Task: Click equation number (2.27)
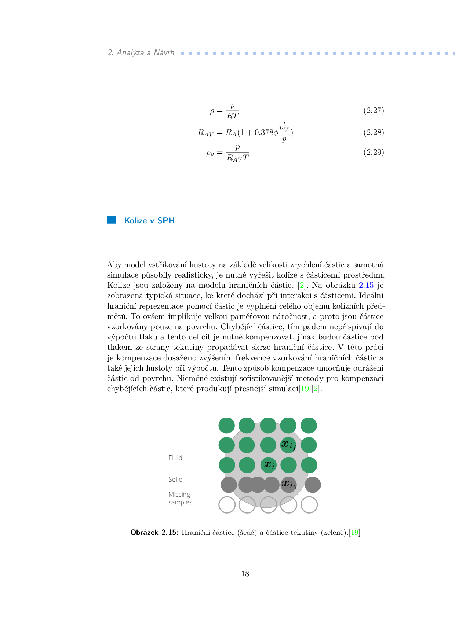coord(374,110)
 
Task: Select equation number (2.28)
coord(374,132)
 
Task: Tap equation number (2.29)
coord(374,152)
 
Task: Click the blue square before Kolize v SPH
coord(111,220)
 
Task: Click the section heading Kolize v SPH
coord(149,221)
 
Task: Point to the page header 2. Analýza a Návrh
coord(141,52)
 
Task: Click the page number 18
coord(245,574)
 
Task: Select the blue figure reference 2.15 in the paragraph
coord(366,285)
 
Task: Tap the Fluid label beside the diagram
coord(175,458)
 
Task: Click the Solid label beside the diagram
coord(175,480)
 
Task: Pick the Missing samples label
coord(180,498)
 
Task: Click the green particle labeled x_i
coord(268,465)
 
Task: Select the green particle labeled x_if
coord(288,445)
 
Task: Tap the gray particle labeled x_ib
coord(288,485)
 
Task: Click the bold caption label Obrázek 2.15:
coord(154,533)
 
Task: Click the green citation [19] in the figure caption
coord(354,533)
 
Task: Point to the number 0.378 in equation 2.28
coord(263,132)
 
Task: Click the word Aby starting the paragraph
coord(114,265)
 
